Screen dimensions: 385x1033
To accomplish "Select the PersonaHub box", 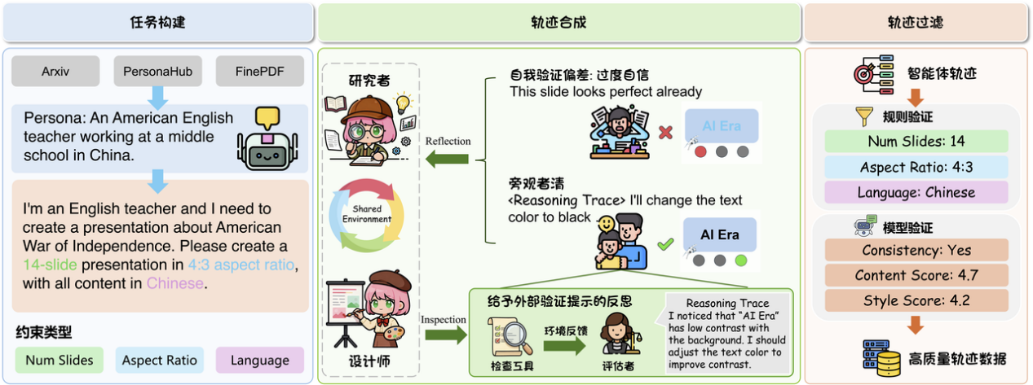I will pos(157,72).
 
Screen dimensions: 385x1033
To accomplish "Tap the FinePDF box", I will pos(258,72).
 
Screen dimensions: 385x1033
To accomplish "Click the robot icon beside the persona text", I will pos(267,138).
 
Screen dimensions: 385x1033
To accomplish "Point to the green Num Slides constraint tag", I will pos(60,360).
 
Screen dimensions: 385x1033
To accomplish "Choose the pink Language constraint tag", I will pos(259,360).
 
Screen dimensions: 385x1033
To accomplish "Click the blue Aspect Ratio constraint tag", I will pos(160,360).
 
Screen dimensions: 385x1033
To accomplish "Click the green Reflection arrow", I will pos(448,157).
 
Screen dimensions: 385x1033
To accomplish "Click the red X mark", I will pos(665,130).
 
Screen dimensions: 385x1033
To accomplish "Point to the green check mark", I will pos(665,243).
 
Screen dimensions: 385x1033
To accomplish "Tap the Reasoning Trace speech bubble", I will pos(727,334).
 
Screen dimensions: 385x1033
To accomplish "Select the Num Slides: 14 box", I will pos(916,142).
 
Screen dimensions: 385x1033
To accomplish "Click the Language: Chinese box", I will pos(916,193).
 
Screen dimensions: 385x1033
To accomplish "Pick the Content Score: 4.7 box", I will pos(916,275).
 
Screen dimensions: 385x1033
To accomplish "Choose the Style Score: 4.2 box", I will pos(916,301).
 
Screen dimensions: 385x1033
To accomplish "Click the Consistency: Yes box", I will pos(916,250).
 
